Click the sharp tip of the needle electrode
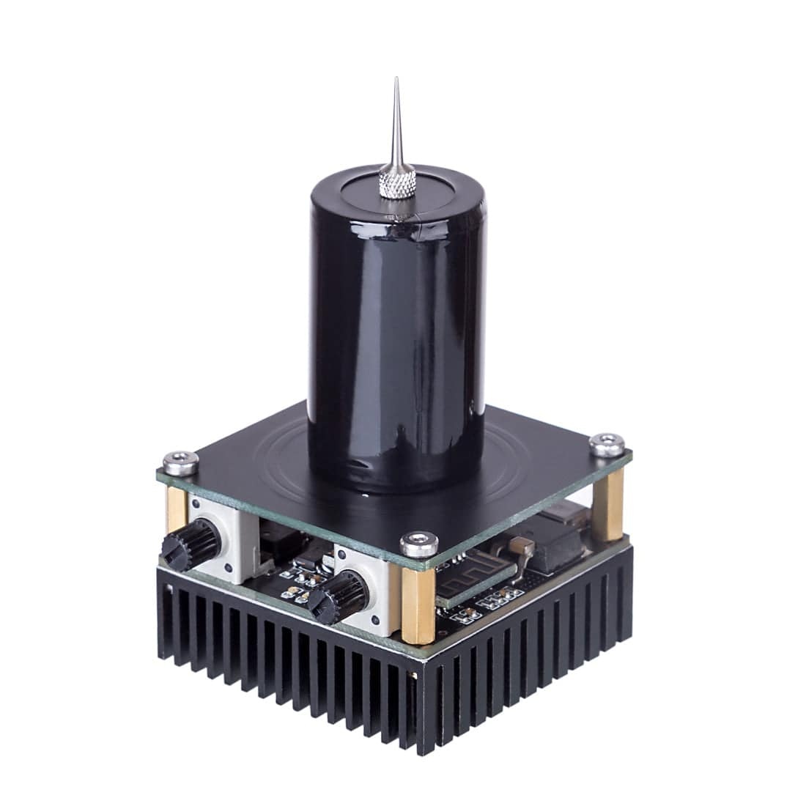click(x=395, y=79)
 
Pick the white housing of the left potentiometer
click(x=220, y=535)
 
